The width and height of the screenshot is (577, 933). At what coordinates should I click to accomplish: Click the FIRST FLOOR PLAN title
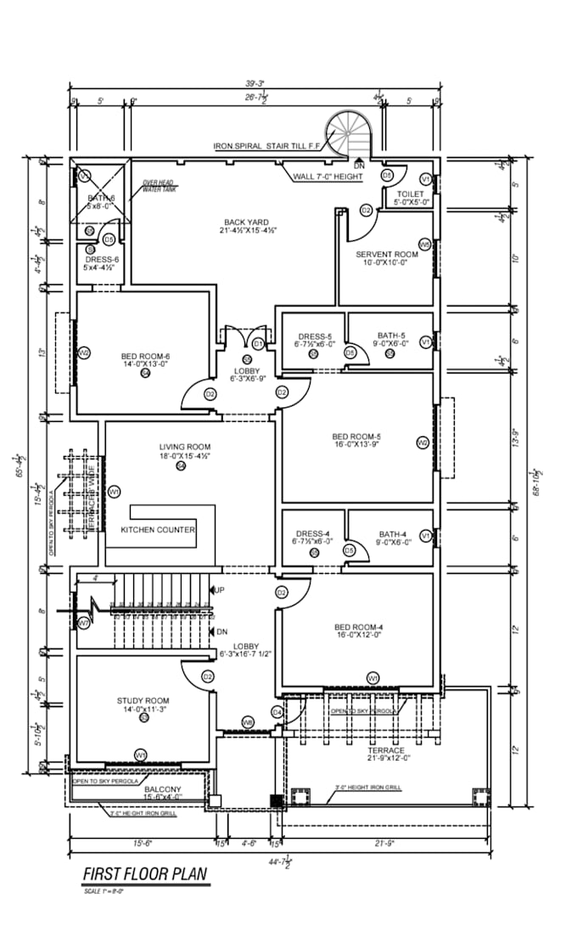pyautogui.click(x=144, y=874)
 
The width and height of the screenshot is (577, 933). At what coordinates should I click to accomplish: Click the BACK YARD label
pyautogui.click(x=247, y=222)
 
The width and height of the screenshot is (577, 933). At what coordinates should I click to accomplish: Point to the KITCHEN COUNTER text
pyautogui.click(x=158, y=530)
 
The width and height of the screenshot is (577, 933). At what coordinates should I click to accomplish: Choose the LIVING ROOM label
pyautogui.click(x=184, y=447)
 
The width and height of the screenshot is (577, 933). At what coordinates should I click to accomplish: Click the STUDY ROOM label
pyautogui.click(x=143, y=700)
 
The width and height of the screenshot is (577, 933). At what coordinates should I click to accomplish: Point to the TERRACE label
pyautogui.click(x=385, y=750)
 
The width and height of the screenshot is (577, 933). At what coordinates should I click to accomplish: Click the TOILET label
pyautogui.click(x=409, y=194)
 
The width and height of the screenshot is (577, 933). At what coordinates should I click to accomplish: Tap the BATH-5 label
pyautogui.click(x=391, y=334)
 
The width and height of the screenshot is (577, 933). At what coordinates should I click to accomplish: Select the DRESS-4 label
pyautogui.click(x=313, y=533)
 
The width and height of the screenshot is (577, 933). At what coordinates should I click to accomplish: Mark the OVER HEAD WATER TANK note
pyautogui.click(x=158, y=186)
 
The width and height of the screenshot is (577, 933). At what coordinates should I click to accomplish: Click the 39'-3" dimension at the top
pyautogui.click(x=255, y=83)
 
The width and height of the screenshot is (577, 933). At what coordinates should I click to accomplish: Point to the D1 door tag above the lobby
pyautogui.click(x=257, y=343)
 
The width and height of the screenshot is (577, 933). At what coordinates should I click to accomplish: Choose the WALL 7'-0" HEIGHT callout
pyautogui.click(x=328, y=177)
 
